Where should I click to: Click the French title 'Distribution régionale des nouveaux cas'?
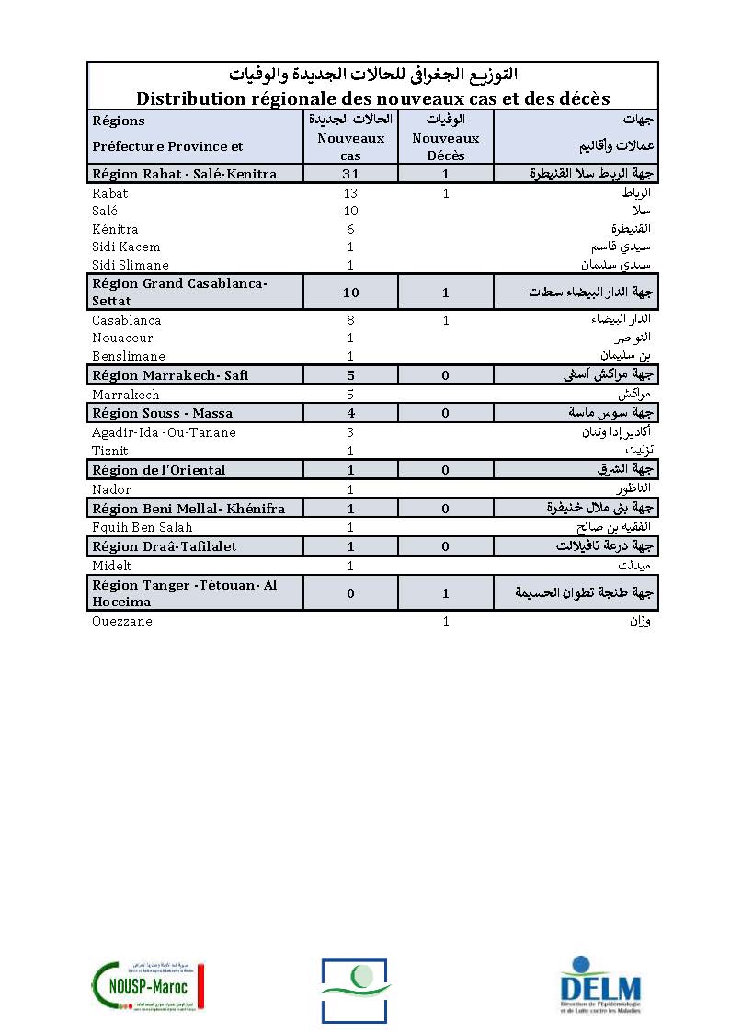373,98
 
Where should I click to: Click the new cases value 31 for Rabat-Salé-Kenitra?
350,174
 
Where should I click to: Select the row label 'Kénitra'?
115,229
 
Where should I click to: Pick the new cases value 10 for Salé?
350,212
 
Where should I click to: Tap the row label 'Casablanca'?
127,320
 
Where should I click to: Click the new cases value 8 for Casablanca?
350,320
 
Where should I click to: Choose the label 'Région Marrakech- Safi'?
170,375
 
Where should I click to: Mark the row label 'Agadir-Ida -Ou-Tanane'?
164,432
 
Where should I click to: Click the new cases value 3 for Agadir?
350,432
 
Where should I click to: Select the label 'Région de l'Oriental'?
159,470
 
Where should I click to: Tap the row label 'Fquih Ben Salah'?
143,527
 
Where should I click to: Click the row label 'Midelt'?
113,566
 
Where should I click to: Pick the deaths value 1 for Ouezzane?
446,622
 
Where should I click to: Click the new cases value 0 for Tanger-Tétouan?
350,594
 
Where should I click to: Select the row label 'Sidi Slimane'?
131,265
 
